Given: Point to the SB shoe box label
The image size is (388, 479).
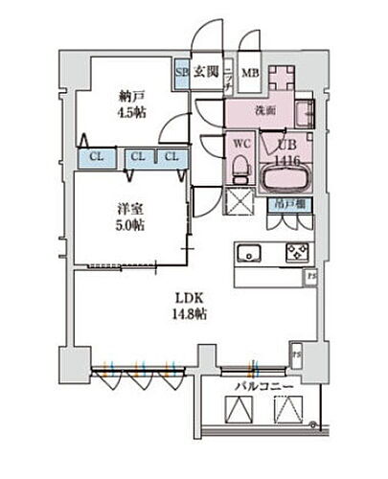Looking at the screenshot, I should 180,71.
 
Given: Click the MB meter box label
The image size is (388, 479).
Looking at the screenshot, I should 249,72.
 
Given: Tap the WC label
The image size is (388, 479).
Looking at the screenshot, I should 240,146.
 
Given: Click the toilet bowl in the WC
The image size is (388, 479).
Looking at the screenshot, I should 240,169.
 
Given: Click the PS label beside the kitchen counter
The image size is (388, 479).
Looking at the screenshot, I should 309,277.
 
